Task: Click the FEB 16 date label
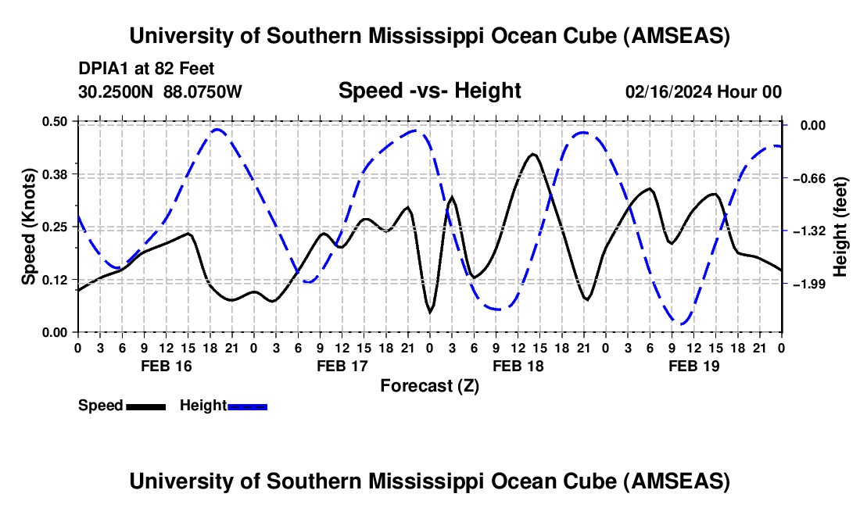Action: (x=166, y=365)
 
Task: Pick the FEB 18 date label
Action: (x=518, y=365)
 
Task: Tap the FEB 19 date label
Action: (x=693, y=365)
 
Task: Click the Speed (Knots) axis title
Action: (x=28, y=227)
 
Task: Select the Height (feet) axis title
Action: (x=840, y=227)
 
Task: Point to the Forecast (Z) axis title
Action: (x=429, y=385)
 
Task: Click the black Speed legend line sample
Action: (x=146, y=406)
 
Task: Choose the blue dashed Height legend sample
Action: (x=248, y=406)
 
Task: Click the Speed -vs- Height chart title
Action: (x=429, y=91)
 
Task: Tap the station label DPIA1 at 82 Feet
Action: (x=146, y=69)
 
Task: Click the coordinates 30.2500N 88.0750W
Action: (x=160, y=91)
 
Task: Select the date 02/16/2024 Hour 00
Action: (x=704, y=91)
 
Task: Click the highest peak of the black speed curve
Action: (x=533, y=154)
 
